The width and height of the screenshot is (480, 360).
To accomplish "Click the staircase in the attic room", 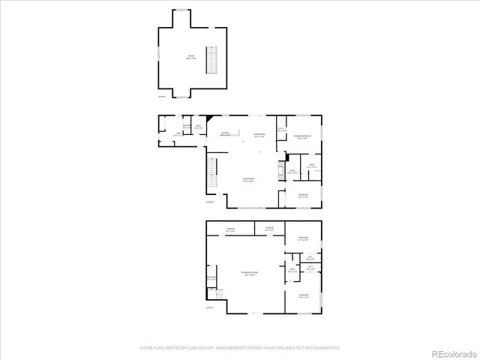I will coord(213,59).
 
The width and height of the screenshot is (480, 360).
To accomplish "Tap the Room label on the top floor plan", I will coord(190,57).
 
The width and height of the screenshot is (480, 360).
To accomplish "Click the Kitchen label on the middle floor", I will coord(223,134).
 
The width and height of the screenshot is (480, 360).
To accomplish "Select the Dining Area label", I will coord(259,136).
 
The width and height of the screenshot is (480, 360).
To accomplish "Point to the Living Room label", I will coord(247,180).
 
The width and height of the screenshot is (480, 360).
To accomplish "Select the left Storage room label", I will coord(230,229).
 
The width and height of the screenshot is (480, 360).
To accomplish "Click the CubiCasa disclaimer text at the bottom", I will coord(240,348).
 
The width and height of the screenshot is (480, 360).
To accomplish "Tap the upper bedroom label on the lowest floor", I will coord(303,238).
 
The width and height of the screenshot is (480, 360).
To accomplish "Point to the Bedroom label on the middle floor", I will coord(302,196).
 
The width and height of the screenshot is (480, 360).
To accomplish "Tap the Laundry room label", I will coord(175,127).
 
